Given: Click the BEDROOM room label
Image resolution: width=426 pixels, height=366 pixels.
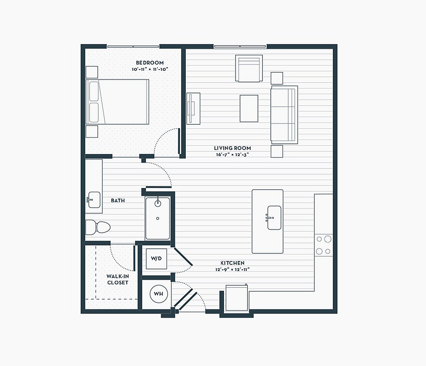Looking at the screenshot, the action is click(150, 63).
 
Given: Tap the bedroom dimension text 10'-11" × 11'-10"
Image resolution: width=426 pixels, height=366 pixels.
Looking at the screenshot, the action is click(150, 69).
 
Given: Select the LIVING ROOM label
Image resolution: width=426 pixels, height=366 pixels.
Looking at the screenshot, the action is click(232, 148).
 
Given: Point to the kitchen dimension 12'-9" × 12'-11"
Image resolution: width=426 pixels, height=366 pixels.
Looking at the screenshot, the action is click(232, 270).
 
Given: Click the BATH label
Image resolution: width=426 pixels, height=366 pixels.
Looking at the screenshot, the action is click(118, 200).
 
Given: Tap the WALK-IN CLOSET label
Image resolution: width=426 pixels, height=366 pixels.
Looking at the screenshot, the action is click(118, 279).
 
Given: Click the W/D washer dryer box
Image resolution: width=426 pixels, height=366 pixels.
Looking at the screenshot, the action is click(156, 258).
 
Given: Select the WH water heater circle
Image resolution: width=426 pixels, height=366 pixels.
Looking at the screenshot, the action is click(159, 294).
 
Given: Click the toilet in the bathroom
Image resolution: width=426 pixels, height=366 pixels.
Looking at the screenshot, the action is click(98, 227).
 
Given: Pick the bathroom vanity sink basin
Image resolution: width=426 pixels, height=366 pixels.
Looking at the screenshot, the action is click(94, 200).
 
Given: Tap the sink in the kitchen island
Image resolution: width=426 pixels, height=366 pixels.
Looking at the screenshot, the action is click(274, 218).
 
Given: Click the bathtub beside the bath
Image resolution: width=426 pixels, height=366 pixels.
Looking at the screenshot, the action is click(157, 218).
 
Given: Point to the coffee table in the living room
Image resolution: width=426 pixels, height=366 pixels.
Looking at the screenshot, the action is click(249, 109).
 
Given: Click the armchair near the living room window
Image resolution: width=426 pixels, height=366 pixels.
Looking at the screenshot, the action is click(249, 68).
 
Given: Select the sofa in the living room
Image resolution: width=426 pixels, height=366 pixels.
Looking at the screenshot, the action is click(284, 115).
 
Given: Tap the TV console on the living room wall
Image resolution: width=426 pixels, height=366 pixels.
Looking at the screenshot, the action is click(193, 109).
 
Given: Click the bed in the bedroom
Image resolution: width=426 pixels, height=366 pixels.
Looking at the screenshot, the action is click(117, 102).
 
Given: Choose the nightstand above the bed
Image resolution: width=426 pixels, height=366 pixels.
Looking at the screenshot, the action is click(92, 72).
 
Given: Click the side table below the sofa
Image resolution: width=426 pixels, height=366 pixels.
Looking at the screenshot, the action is click(277, 151).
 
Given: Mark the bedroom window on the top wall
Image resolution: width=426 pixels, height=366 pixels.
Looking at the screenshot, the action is click(133, 47).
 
